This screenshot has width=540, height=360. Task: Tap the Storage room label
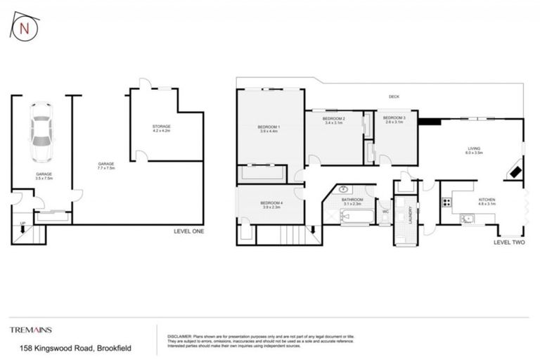[162, 128]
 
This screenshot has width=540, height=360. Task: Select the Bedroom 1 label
[269, 129]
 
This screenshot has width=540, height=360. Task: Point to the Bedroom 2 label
[333, 120]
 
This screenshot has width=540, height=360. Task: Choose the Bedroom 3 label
[395, 120]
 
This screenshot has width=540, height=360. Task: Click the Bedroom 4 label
[271, 205]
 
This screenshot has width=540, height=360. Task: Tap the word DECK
[394, 97]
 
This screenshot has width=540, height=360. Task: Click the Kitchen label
[487, 202]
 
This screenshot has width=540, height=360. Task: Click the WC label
[385, 211]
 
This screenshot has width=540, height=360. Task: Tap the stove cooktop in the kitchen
[446, 202]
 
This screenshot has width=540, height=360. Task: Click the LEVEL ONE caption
[189, 231]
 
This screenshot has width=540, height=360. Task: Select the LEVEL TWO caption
[509, 243]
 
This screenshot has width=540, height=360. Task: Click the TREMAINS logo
[31, 329]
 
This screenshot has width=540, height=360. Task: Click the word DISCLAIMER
[179, 336]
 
